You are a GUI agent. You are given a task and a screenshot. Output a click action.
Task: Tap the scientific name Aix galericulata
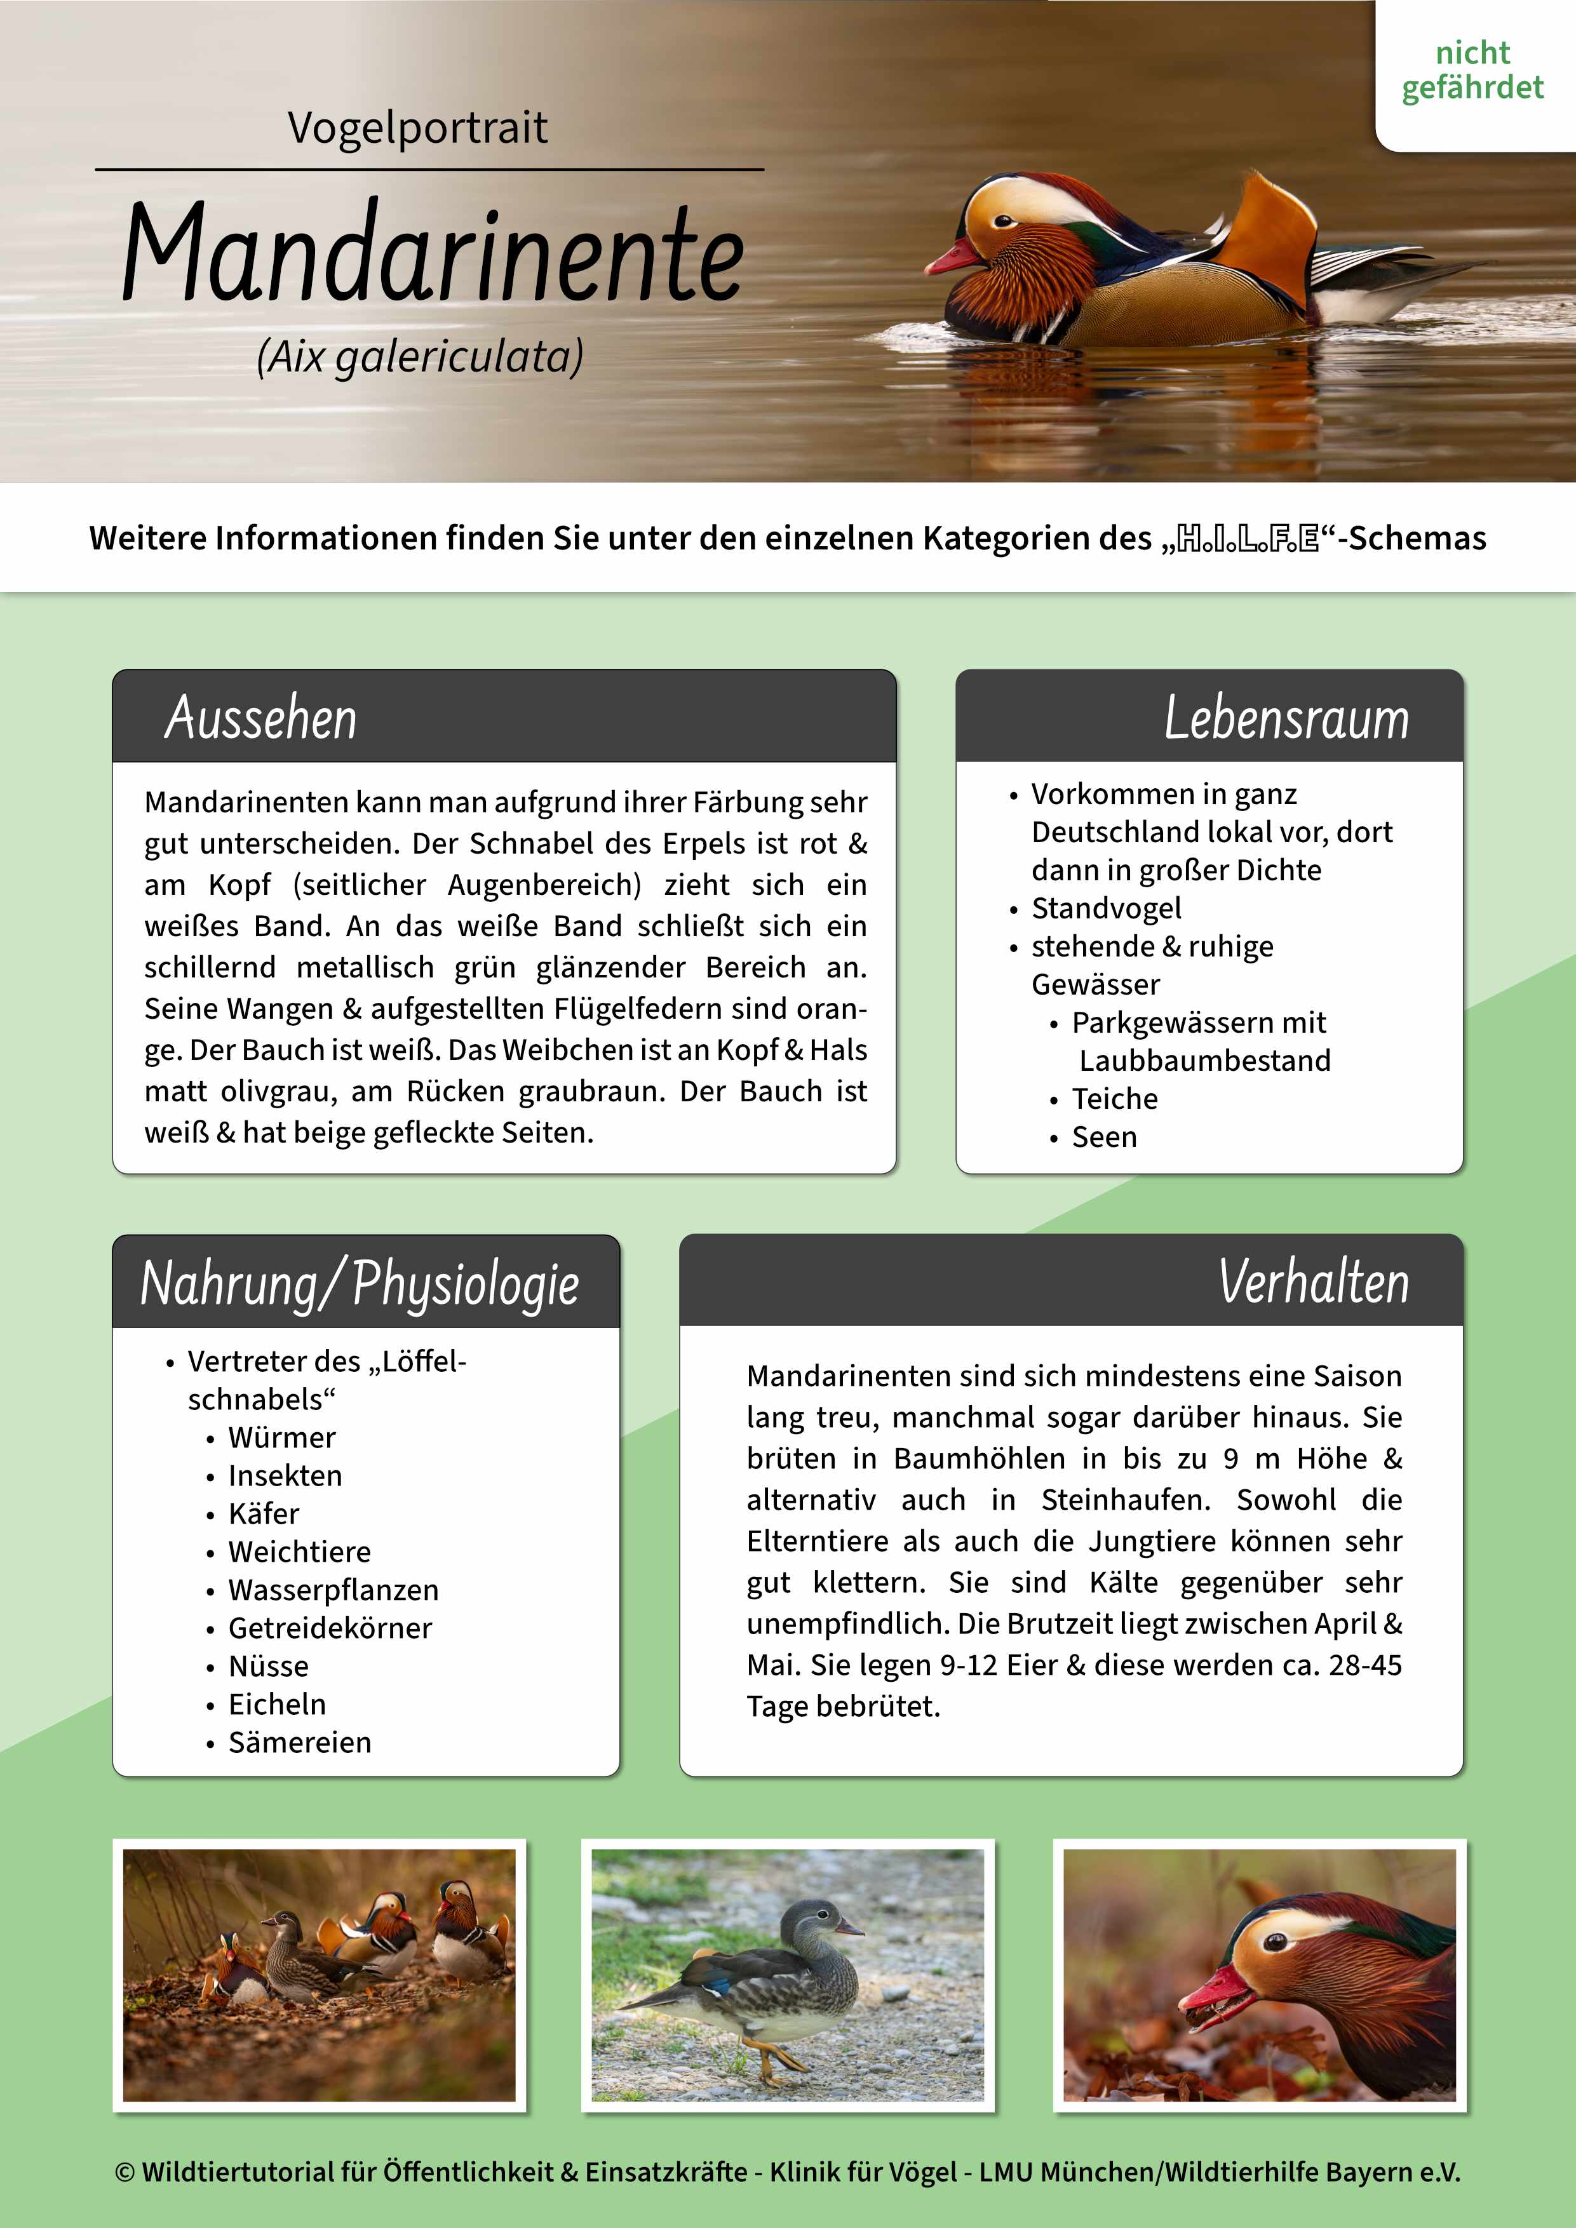click(420, 357)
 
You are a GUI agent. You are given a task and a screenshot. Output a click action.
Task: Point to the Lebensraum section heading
click(1286, 718)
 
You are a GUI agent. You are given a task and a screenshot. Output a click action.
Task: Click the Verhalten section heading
click(1313, 1282)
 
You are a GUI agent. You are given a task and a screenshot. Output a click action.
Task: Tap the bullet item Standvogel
click(1107, 908)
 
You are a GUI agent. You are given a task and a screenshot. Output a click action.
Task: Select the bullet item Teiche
click(1115, 1099)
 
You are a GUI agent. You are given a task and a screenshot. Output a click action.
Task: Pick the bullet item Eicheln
click(276, 1704)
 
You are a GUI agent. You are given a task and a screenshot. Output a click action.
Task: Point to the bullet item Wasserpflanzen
click(333, 1590)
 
